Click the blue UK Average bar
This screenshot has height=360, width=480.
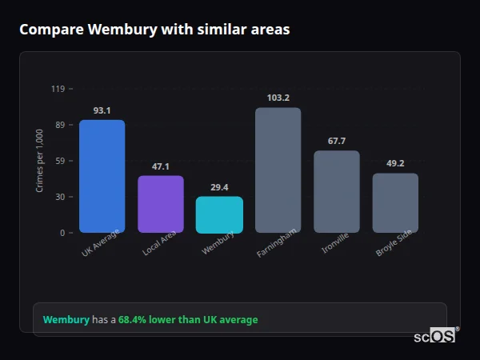[x=102, y=176]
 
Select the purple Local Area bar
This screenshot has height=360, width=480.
[x=161, y=204]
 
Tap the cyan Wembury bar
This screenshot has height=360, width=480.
[x=219, y=214]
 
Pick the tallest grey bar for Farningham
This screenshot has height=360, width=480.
[x=278, y=170]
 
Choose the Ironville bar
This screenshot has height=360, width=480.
[x=337, y=191]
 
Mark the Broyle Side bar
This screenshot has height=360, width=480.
[x=395, y=202]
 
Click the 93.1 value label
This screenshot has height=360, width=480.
[x=102, y=110]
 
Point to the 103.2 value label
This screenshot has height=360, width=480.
[x=278, y=98]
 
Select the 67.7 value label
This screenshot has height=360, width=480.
[x=337, y=141]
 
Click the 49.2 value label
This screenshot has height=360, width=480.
[x=395, y=163]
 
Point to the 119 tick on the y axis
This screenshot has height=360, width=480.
[x=58, y=89]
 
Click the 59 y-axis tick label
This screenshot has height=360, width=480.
[x=60, y=161]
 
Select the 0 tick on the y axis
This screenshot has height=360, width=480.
[x=62, y=233]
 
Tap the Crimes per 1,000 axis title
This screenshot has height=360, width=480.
[x=40, y=161]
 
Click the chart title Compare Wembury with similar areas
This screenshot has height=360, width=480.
[x=154, y=30]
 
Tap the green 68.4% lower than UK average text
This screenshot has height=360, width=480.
[x=188, y=320]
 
